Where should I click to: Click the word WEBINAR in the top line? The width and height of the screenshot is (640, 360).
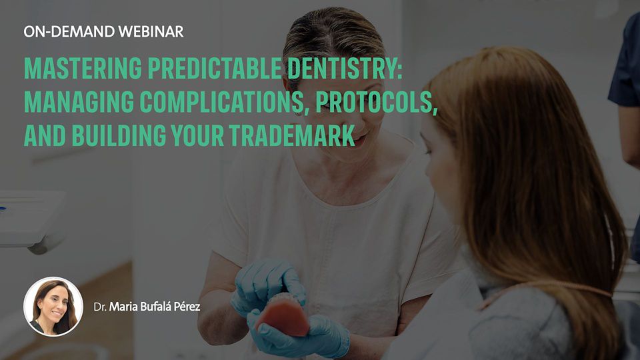(151, 31)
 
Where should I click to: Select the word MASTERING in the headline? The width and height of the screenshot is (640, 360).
(83, 68)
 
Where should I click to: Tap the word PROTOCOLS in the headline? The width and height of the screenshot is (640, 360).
(377, 103)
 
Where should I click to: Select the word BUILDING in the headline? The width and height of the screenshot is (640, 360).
(119, 135)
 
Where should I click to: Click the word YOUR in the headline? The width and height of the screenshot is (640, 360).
(198, 135)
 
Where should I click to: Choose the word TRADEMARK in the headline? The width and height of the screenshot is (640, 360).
(292, 135)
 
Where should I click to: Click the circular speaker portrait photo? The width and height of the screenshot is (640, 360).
(53, 307)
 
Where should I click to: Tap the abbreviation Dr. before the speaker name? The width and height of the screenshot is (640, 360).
(100, 307)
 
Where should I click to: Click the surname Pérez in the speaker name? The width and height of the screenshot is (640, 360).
(187, 307)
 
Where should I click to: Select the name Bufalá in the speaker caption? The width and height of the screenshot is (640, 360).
(155, 307)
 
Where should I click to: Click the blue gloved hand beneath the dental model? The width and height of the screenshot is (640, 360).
(300, 335)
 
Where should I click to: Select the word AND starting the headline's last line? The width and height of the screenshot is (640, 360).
(45, 135)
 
